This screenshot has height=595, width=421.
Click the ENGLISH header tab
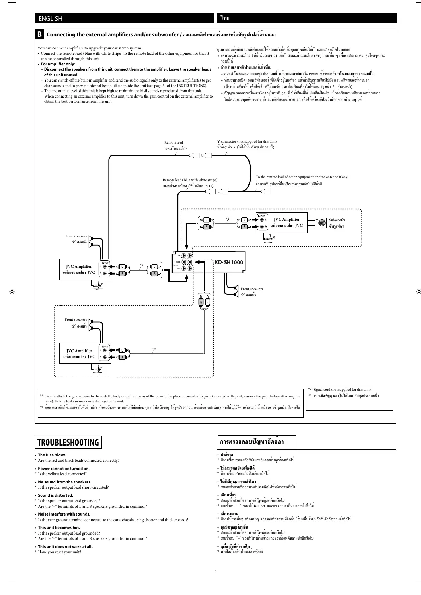click(50, 19)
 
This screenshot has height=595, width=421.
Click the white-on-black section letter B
click(40, 34)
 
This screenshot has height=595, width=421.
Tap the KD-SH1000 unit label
click(229, 262)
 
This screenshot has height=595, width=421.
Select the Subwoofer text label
click(337, 220)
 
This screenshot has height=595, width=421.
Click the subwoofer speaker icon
click(321, 223)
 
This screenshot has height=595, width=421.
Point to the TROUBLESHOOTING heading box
click(68, 442)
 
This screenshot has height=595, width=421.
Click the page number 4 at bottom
click(215, 572)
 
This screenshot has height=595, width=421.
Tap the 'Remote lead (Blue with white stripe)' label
click(190, 180)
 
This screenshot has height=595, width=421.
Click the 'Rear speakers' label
click(76, 236)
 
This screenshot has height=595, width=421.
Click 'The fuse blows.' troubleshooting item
click(52, 455)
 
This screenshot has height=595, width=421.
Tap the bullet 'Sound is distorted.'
click(55, 495)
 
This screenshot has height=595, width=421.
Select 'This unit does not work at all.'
click(65, 546)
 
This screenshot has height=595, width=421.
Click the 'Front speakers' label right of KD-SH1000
click(252, 289)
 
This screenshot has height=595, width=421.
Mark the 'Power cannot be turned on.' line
click(64, 469)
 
